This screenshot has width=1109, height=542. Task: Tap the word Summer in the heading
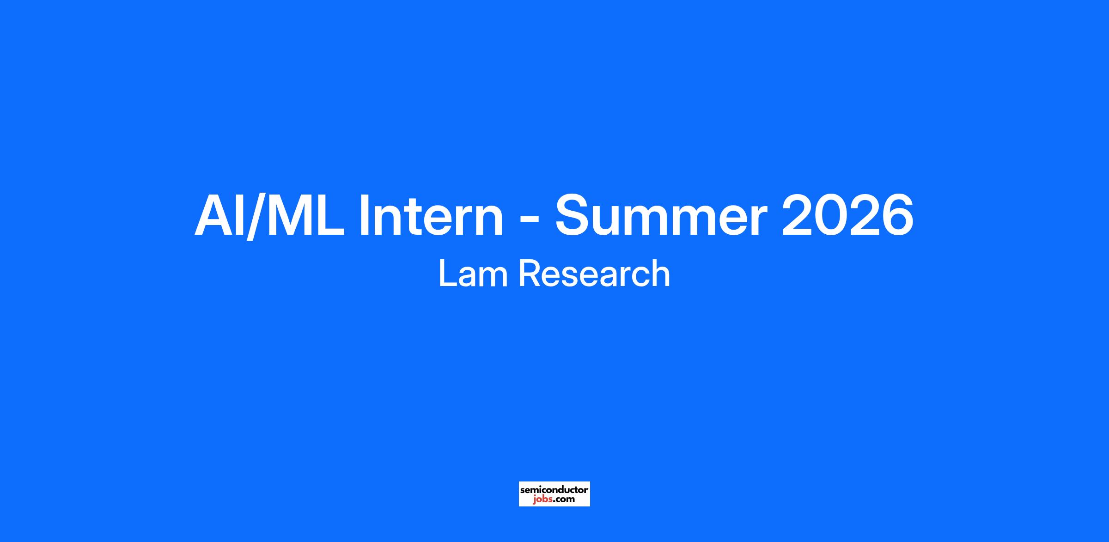tap(661, 216)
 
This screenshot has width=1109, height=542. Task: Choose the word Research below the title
tap(594, 274)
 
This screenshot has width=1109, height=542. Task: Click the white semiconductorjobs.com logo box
tap(554, 494)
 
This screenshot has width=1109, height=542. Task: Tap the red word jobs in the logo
tap(542, 499)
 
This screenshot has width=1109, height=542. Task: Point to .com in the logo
tap(564, 499)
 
